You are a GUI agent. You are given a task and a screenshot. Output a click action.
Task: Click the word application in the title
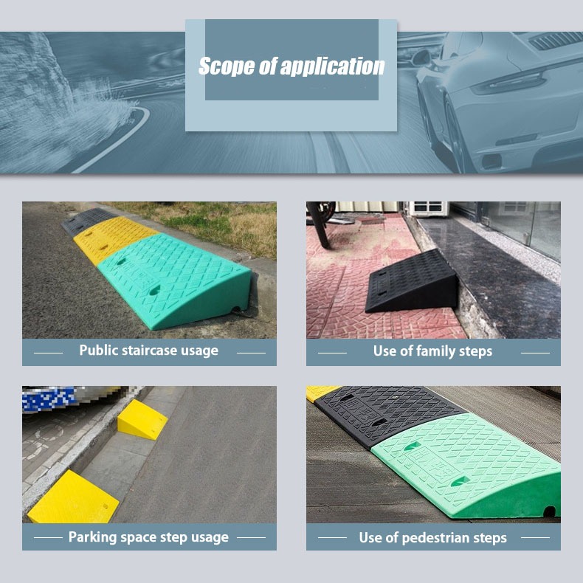[332, 67]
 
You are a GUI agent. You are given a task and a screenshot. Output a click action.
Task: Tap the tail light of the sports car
[508, 83]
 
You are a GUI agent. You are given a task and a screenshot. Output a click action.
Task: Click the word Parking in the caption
[92, 537]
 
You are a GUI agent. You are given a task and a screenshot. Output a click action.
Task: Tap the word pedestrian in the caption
[433, 538]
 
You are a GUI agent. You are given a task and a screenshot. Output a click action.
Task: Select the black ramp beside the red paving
[412, 283]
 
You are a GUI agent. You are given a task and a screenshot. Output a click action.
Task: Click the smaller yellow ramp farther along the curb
[142, 420]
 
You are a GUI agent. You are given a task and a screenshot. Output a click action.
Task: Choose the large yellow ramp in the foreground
[73, 498]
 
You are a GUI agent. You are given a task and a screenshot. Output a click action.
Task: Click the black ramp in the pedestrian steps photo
[387, 413]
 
